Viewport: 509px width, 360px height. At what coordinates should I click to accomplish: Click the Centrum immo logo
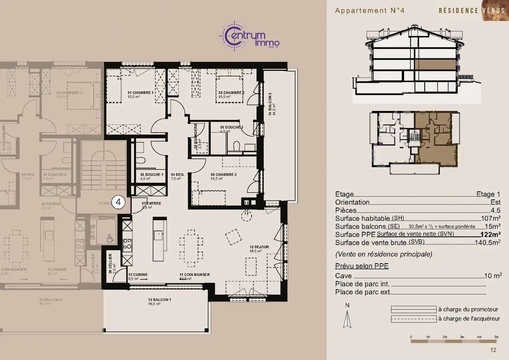(250, 35)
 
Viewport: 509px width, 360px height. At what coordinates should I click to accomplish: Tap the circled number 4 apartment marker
(118, 202)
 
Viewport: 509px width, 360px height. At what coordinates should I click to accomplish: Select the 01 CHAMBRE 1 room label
(140, 93)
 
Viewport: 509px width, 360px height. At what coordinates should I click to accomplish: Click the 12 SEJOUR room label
(259, 247)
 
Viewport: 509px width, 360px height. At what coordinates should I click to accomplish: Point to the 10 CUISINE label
(138, 275)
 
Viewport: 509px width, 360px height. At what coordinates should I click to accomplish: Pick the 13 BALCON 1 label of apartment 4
(159, 300)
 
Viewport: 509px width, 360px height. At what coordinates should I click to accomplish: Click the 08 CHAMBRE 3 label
(223, 175)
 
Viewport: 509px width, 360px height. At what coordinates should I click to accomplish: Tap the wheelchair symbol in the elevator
(110, 239)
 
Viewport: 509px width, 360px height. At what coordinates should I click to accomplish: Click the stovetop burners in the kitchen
(127, 244)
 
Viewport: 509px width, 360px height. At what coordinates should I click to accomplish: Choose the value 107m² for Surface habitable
(490, 219)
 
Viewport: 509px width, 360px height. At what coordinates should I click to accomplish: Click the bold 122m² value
(490, 234)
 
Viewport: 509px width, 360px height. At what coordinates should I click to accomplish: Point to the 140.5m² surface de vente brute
(487, 243)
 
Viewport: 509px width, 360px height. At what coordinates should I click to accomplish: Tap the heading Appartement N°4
(369, 11)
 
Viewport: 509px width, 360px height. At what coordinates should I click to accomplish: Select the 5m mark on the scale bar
(496, 337)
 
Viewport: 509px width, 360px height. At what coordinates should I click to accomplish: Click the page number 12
(493, 350)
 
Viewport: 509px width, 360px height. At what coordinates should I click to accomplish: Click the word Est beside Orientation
(495, 202)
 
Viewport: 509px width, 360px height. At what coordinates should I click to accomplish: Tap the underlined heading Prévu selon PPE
(362, 266)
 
